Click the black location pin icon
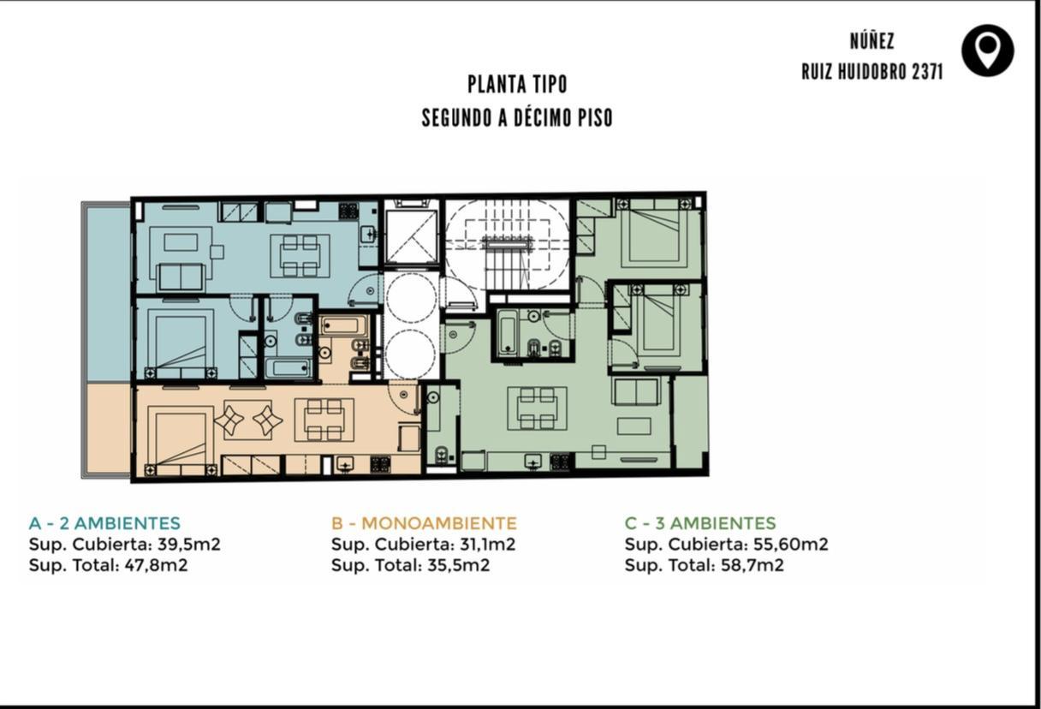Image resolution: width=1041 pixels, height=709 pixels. coord(988,51)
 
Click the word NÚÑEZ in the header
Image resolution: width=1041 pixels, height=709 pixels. coord(872,41)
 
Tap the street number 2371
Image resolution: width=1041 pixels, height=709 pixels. coord(927,72)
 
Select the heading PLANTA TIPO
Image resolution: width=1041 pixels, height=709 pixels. coord(517,84)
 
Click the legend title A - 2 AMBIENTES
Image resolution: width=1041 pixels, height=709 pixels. coord(104,523)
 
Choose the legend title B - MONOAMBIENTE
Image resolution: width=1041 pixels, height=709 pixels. coord(424,523)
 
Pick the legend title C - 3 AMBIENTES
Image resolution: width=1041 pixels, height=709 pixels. coord(700,523)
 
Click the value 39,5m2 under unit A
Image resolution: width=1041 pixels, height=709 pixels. coord(189,544)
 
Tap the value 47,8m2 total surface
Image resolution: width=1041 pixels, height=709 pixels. coord(156,565)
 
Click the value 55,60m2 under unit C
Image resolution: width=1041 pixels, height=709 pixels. coord(790,544)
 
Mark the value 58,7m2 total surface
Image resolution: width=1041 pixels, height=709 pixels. coord(752,565)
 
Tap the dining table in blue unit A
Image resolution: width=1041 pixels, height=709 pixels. coord(300,256)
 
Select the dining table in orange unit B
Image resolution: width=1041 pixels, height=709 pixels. coord(324,420)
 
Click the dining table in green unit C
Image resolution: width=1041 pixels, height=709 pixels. coord(538,408)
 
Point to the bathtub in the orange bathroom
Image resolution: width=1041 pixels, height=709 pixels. coord(340,325)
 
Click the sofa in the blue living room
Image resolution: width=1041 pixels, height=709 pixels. coord(181,277)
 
